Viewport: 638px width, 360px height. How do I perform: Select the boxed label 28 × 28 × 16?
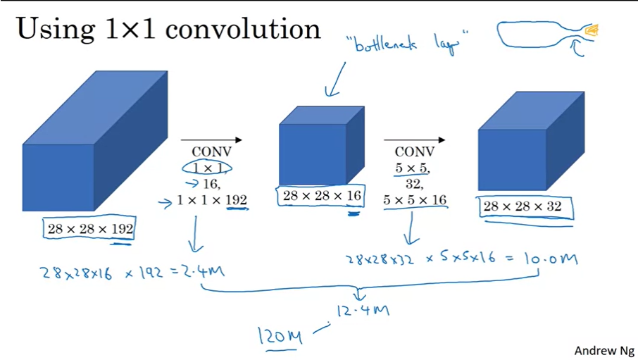click(320, 197)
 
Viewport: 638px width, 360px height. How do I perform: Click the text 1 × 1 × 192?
click(212, 201)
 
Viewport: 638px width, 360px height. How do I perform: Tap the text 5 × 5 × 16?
click(415, 201)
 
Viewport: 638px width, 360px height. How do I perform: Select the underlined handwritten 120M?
click(280, 338)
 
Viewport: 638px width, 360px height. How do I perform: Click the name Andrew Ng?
click(604, 350)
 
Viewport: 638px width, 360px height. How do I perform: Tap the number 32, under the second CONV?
click(415, 185)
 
